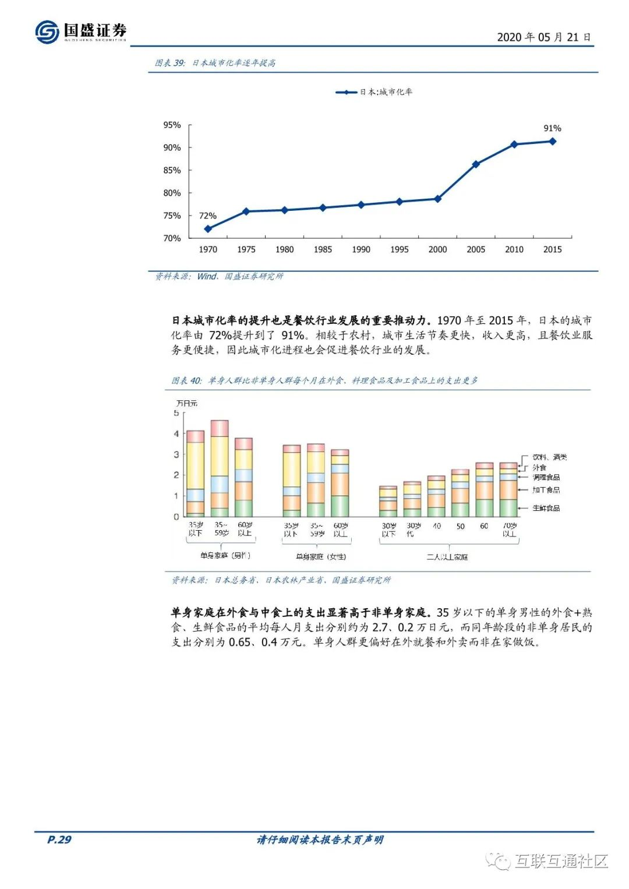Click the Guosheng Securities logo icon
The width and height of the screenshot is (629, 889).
pos(47,31)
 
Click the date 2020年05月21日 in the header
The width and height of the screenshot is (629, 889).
pos(544,37)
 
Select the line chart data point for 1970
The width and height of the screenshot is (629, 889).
pos(208,229)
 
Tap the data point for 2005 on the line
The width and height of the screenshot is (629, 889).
pos(476,164)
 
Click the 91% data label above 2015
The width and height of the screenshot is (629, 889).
pos(552,128)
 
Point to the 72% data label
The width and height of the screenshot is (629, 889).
pos(207,216)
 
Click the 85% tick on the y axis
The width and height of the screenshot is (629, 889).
pos(172,170)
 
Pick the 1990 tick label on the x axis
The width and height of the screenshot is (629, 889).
pos(361,249)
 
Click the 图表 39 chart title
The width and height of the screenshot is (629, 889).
pos(215,63)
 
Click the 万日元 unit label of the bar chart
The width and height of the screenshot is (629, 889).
pos(186,403)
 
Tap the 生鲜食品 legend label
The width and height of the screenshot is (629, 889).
pos(546,508)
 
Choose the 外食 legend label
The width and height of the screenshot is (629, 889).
pos(539,467)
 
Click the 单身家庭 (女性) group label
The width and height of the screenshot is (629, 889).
pos(320,556)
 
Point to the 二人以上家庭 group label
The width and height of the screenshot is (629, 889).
pos(447,557)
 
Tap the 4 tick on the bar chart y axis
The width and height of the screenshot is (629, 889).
pos(176,433)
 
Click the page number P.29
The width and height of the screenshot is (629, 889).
pos(59,839)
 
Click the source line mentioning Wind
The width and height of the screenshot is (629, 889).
pos(219,276)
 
